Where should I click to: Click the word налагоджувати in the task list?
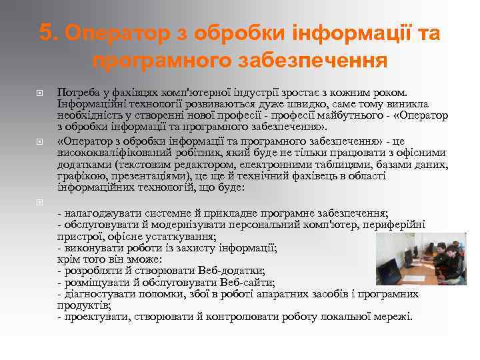(96, 213)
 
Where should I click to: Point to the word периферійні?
(394, 225)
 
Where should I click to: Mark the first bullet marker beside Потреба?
(39, 92)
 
